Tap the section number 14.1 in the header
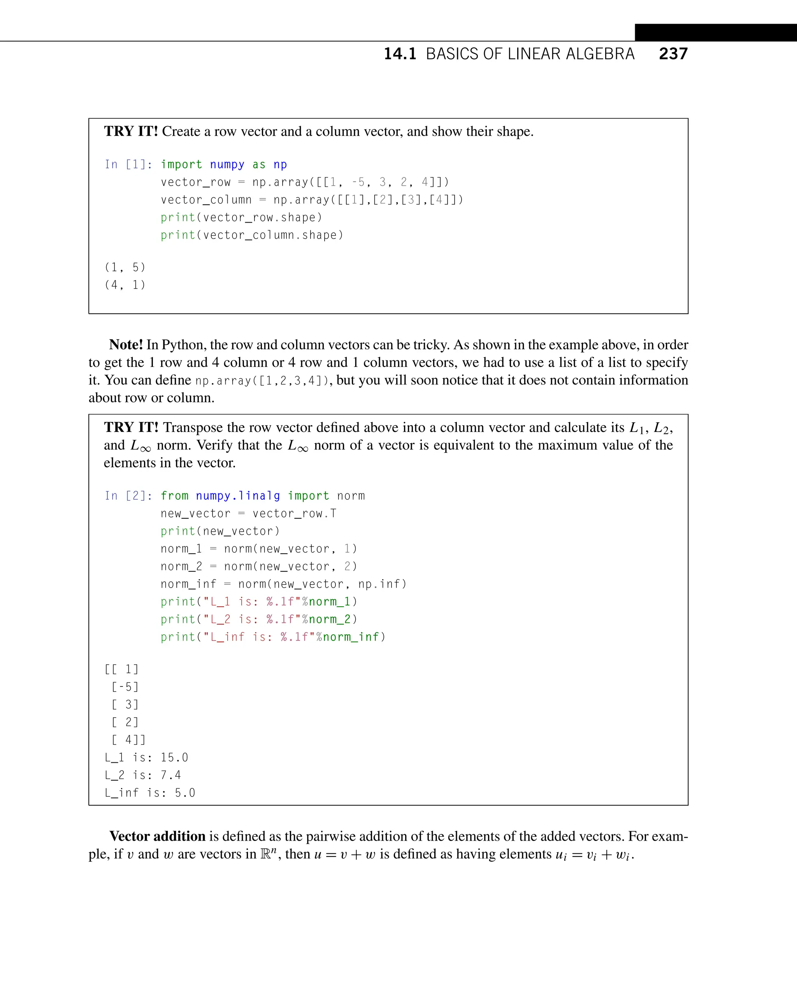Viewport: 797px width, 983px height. (x=400, y=54)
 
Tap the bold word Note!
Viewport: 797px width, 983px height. (x=126, y=345)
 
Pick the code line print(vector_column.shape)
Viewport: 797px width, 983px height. (x=251, y=235)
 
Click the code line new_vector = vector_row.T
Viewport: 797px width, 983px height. (x=248, y=513)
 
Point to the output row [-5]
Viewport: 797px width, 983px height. (x=125, y=687)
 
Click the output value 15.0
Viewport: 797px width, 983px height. (x=174, y=758)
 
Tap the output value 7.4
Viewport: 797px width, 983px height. (x=170, y=775)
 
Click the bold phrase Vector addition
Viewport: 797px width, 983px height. (x=157, y=836)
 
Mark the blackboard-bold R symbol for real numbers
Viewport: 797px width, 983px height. (x=265, y=854)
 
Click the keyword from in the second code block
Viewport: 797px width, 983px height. (x=174, y=496)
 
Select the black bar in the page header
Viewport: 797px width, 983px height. (x=715, y=33)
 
